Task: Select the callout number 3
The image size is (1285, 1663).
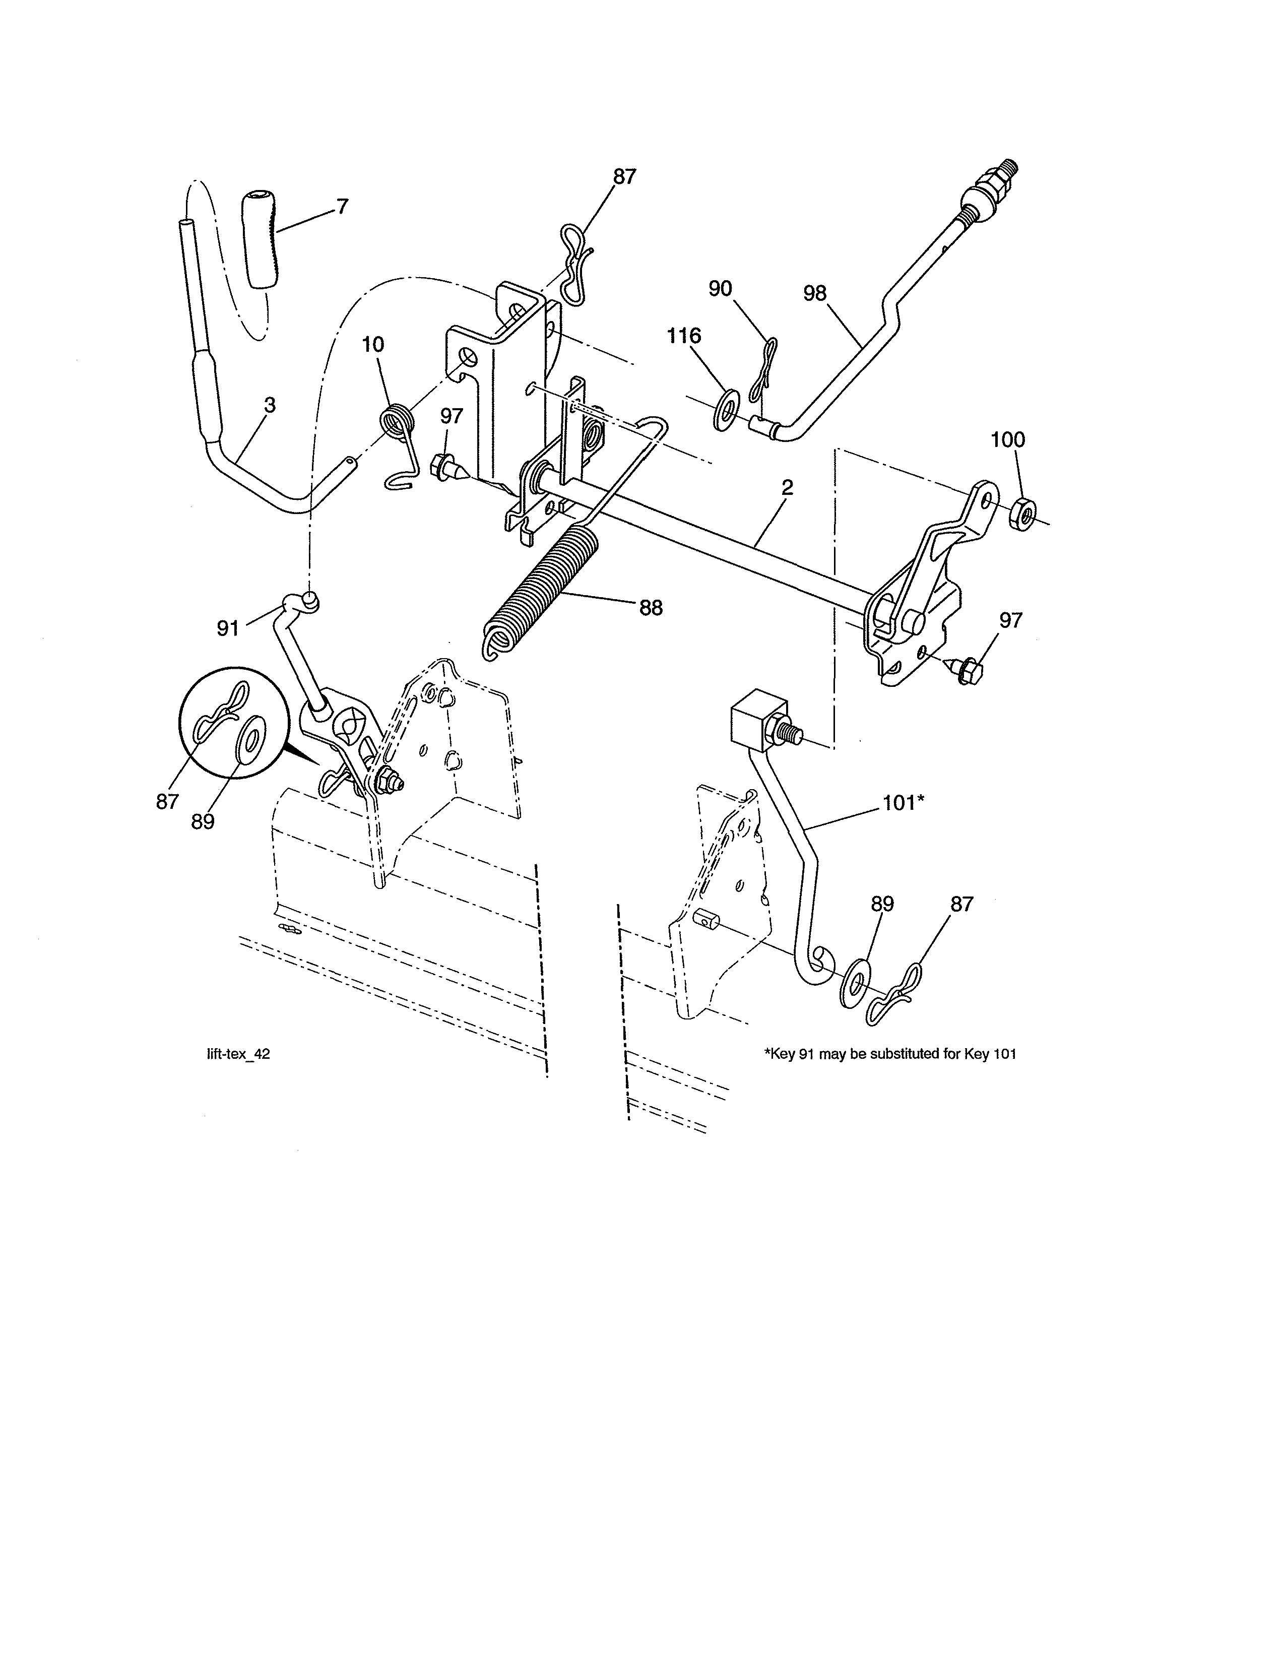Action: point(270,406)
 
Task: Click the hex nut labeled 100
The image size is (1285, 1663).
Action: point(1021,516)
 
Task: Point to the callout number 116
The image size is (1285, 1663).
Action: point(684,336)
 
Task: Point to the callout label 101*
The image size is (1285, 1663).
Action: point(903,803)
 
